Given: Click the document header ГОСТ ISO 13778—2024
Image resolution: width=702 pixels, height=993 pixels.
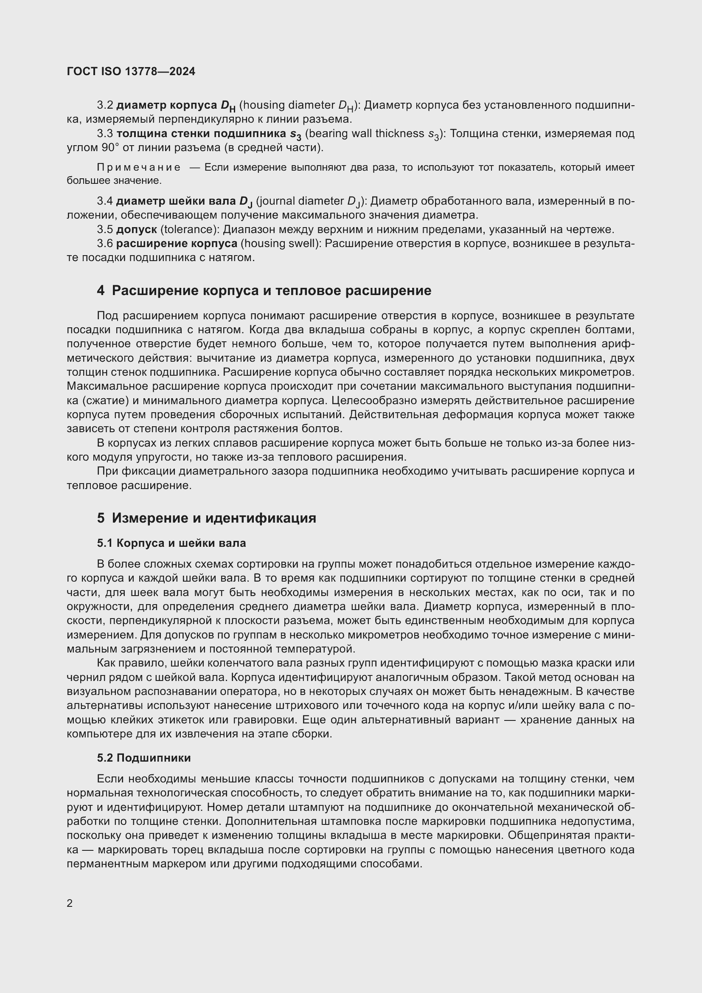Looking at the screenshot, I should (x=131, y=71).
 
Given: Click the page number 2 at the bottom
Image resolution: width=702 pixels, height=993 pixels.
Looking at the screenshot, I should (x=70, y=903).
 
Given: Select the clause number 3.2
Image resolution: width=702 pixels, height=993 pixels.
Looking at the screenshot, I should (x=105, y=105).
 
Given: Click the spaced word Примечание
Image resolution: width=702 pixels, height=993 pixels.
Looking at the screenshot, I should (x=139, y=167).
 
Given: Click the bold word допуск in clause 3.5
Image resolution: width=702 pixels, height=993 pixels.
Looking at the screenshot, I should (x=136, y=229).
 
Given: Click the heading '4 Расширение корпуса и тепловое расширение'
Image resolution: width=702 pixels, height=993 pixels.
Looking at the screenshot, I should (x=264, y=291).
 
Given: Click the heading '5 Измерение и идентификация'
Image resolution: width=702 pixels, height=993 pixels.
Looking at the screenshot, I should (x=206, y=518).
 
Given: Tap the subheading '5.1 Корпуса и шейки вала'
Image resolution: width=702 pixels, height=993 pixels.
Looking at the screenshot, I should (x=171, y=543).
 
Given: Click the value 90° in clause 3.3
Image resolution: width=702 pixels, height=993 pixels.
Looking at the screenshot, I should (x=110, y=147).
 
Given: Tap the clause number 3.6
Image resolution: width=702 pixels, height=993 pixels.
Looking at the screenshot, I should (x=105, y=244).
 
